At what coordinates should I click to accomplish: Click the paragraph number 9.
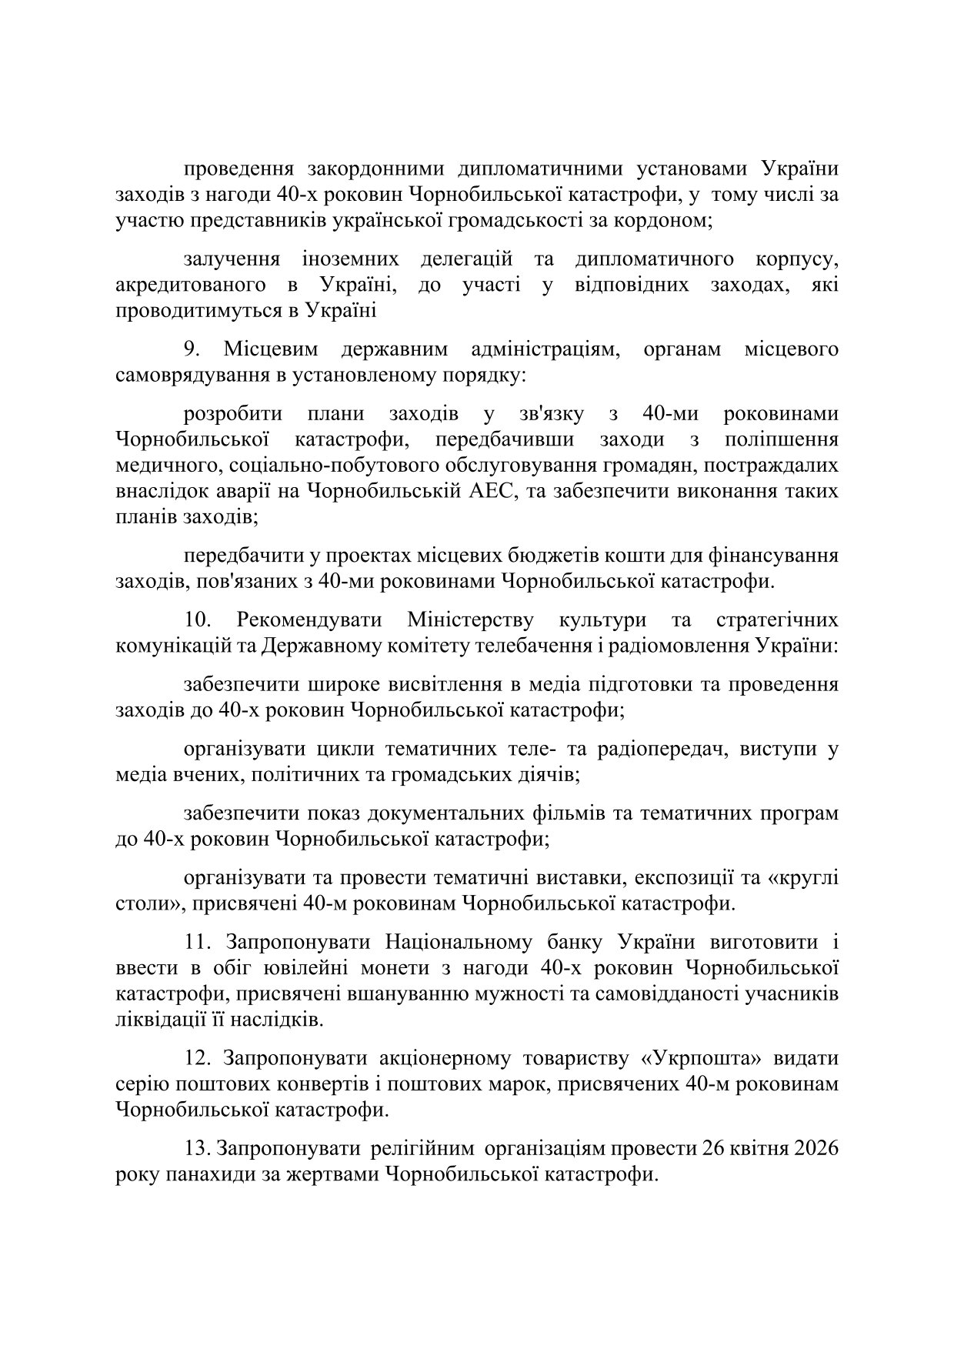coord(192,349)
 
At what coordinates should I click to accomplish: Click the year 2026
coord(812,1149)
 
